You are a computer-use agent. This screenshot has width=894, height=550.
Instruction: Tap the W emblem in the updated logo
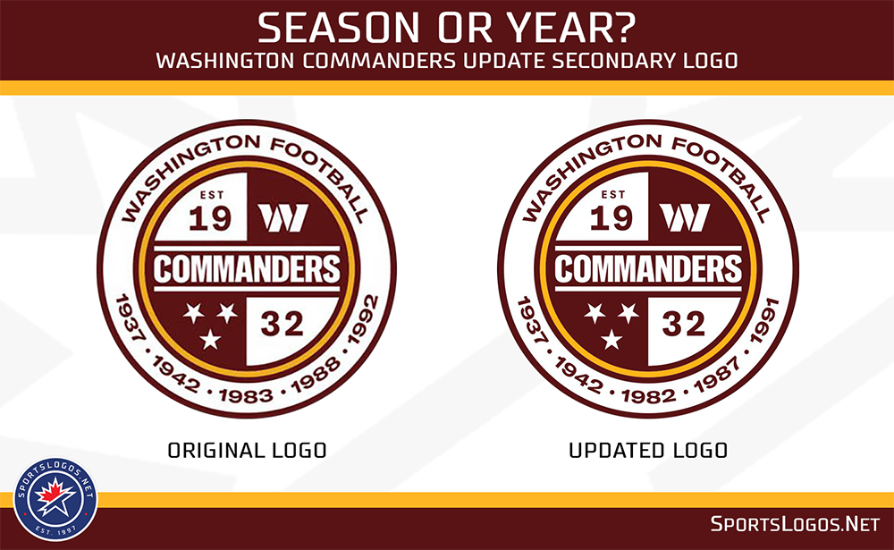684,216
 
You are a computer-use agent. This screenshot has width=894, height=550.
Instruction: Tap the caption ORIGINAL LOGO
247,450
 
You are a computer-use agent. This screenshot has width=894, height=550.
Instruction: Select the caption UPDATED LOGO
648,450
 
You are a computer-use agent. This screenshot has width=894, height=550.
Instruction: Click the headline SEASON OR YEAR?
447,29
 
